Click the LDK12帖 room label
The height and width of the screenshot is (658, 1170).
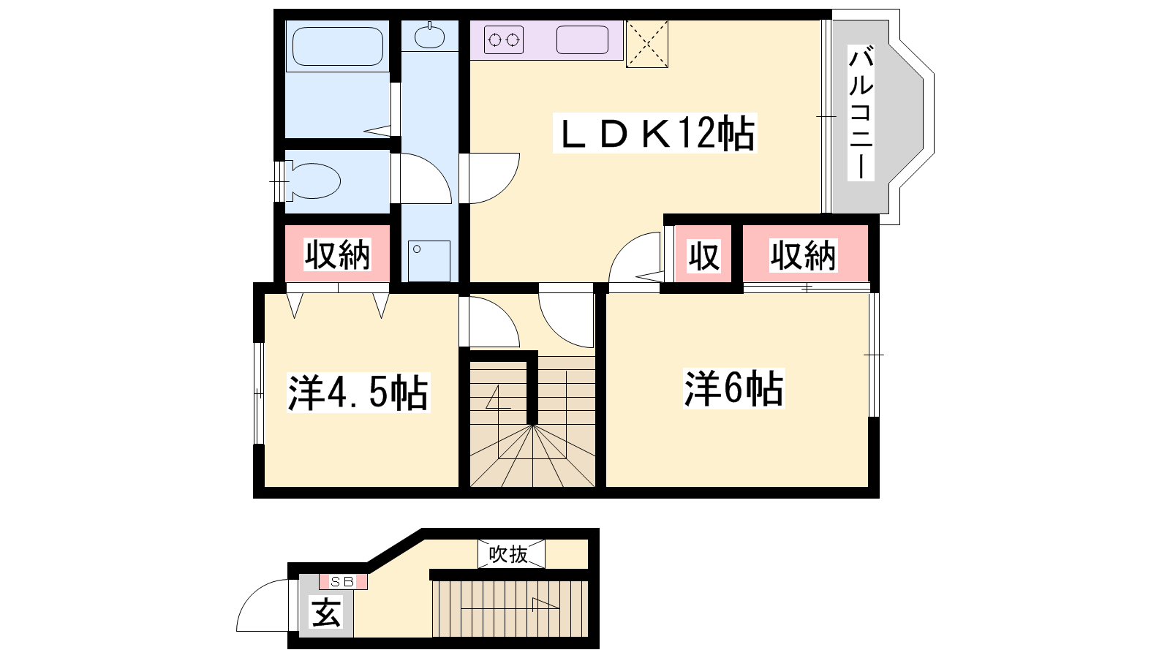tap(655, 133)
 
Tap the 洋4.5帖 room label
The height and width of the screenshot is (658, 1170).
tap(358, 393)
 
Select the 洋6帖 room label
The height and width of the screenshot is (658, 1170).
tap(734, 388)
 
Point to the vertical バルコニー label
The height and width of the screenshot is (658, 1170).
tap(861, 113)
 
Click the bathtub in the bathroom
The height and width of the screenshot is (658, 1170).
tap(338, 47)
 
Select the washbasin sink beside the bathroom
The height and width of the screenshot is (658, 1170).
tap(429, 37)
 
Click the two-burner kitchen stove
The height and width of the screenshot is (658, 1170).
tap(504, 39)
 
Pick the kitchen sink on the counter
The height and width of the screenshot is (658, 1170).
tap(582, 39)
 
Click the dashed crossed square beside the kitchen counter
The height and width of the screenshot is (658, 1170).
tap(647, 44)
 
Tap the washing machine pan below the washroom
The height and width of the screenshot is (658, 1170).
tap(429, 261)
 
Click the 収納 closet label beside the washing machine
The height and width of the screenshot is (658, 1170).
tap(337, 255)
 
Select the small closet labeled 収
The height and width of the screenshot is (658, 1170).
tap(703, 255)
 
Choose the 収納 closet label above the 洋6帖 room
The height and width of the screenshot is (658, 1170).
tap(804, 255)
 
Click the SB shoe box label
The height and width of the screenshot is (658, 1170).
tap(343, 581)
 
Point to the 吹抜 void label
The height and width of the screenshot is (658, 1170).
tap(508, 554)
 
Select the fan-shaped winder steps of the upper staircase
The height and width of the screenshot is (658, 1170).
tap(533, 456)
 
